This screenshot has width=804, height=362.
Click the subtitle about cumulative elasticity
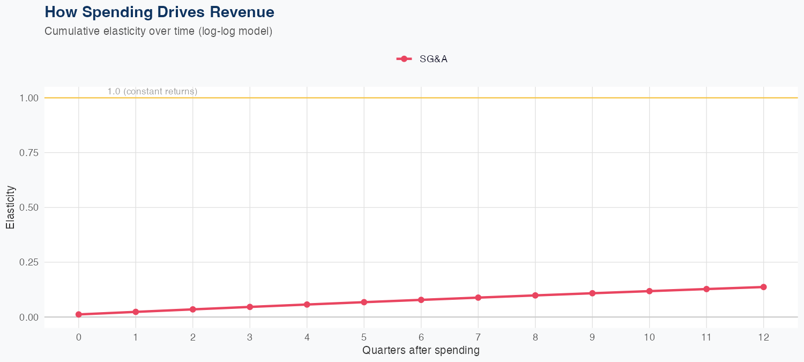coord(159,31)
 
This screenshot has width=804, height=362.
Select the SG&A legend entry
coord(422,59)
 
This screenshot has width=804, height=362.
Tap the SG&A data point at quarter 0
coord(79,314)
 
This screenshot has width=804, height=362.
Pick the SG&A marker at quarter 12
coord(763,287)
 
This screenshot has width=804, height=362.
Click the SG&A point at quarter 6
coord(421,300)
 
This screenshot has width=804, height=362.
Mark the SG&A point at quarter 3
coord(250,307)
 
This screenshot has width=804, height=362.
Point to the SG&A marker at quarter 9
coord(592,293)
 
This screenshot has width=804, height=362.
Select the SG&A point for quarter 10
coord(649,291)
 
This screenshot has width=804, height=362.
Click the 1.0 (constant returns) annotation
coord(152,92)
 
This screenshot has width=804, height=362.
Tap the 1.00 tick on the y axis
coord(29,98)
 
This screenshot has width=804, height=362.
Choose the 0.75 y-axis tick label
coord(29,153)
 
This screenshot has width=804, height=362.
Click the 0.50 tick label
coord(29,208)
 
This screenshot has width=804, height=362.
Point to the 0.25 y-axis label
coord(29,262)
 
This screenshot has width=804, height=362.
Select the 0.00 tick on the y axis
coord(29,317)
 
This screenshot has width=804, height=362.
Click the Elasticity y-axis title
coord(10,208)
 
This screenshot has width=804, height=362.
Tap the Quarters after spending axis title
coord(421,351)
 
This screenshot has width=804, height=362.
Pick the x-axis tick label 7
coord(478,337)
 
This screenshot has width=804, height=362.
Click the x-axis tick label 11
coord(706,337)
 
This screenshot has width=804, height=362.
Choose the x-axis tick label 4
coord(307,337)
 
